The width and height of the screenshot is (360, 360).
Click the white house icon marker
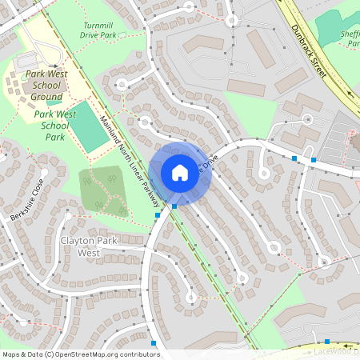click(179, 173)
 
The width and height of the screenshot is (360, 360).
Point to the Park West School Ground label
click(46, 85)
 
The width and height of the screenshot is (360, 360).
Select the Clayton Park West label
click(78, 246)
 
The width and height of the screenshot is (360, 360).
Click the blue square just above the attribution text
click(154, 343)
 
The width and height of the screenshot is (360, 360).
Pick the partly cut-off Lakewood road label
click(336, 350)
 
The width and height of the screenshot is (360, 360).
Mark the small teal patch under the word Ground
click(53, 101)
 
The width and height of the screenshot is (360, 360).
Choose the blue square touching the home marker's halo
click(174, 206)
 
